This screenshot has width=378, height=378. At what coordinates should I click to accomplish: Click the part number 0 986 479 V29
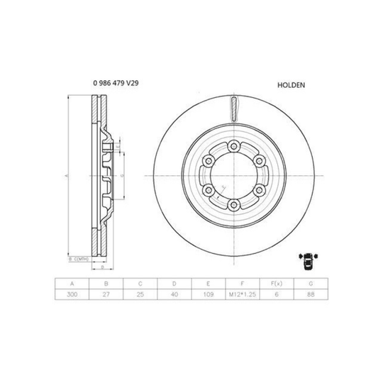coord(116,83)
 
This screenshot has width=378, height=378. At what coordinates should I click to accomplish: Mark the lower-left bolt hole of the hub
coord(206,191)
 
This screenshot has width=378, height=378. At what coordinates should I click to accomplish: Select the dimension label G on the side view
coord(123,174)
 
